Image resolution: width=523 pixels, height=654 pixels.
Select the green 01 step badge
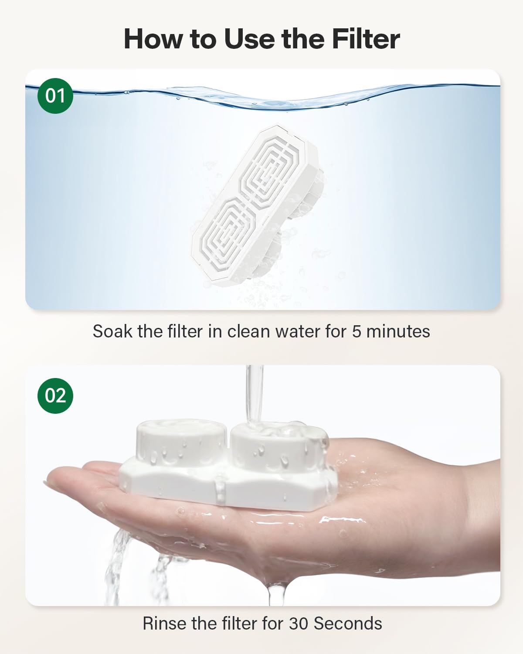[x=55, y=95]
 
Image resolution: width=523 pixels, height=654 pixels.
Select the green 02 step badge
[x=55, y=395]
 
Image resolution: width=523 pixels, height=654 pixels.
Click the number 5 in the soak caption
[x=357, y=331]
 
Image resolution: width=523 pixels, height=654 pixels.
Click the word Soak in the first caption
[x=112, y=331]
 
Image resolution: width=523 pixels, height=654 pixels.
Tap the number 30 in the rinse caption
[x=299, y=623]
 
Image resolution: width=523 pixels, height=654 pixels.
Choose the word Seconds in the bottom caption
[x=348, y=623]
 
